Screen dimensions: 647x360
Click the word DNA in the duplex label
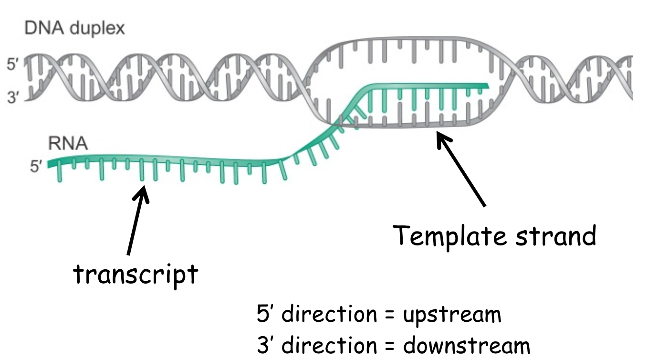44,28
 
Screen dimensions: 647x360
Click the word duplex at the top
97,30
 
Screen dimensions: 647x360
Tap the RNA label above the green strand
68,144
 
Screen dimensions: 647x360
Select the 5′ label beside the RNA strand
36,167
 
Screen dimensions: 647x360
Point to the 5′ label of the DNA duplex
13,64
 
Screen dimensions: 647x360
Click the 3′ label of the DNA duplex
13,97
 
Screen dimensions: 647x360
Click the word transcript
136,275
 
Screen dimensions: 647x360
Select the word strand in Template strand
556,236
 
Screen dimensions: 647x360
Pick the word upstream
452,315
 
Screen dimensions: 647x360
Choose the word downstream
467,345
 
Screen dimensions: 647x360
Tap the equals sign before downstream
390,345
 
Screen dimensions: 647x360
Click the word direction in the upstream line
329,314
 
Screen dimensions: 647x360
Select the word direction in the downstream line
329,344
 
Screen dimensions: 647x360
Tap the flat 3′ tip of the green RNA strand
488,86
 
